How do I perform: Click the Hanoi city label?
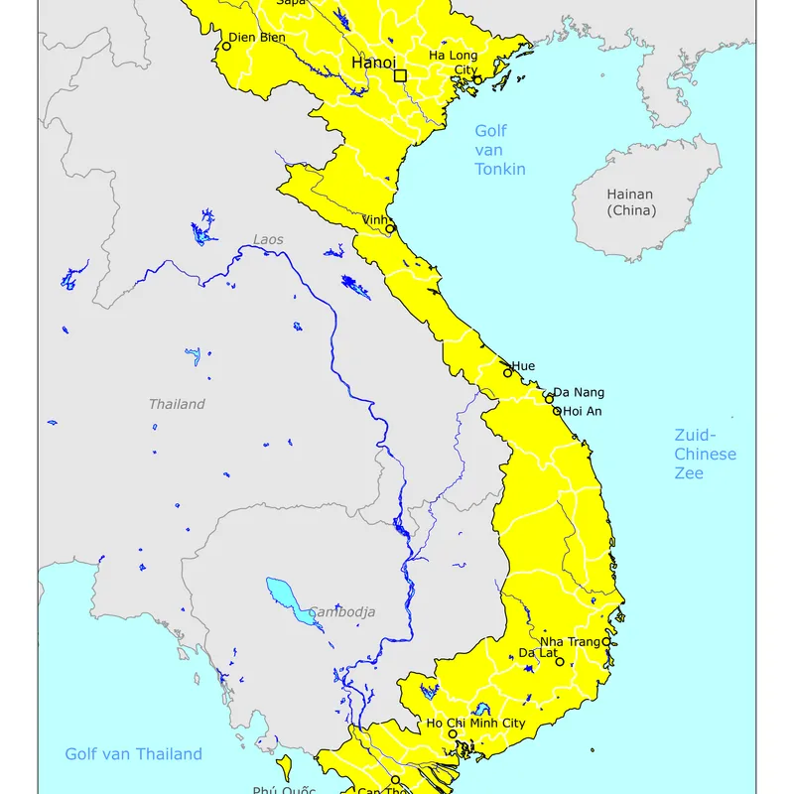coord(373,64)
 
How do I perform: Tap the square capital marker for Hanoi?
coord(400,75)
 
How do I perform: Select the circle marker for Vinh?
coord(390,229)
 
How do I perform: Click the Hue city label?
coord(523,366)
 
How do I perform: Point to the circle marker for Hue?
coord(508,373)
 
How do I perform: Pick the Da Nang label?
coord(579,393)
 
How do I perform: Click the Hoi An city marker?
coord(557,411)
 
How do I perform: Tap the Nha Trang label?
coord(570,642)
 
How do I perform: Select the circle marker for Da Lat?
coord(560,662)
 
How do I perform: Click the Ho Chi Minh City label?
coord(476,724)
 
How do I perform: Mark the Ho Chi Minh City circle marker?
coord(453,734)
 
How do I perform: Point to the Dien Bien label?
coord(259,38)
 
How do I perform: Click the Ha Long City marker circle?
coord(477,80)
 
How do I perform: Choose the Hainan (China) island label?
coord(631,202)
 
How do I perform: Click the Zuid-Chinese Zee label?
coord(705,454)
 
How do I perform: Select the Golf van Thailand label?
coord(133,754)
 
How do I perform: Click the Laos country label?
coord(268,240)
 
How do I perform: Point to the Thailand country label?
coord(177,404)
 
